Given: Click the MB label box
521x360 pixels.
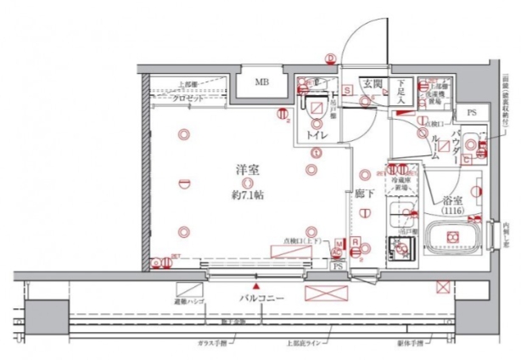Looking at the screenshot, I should (264, 83).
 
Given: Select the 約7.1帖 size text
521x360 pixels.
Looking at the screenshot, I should (247, 194).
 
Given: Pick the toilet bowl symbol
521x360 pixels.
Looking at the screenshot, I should (315, 109).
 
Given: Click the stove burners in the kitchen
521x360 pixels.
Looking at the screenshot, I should (398, 247).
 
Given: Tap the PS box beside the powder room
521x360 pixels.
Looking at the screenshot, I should (472, 112).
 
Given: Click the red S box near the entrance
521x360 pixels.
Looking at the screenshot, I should (347, 85).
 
